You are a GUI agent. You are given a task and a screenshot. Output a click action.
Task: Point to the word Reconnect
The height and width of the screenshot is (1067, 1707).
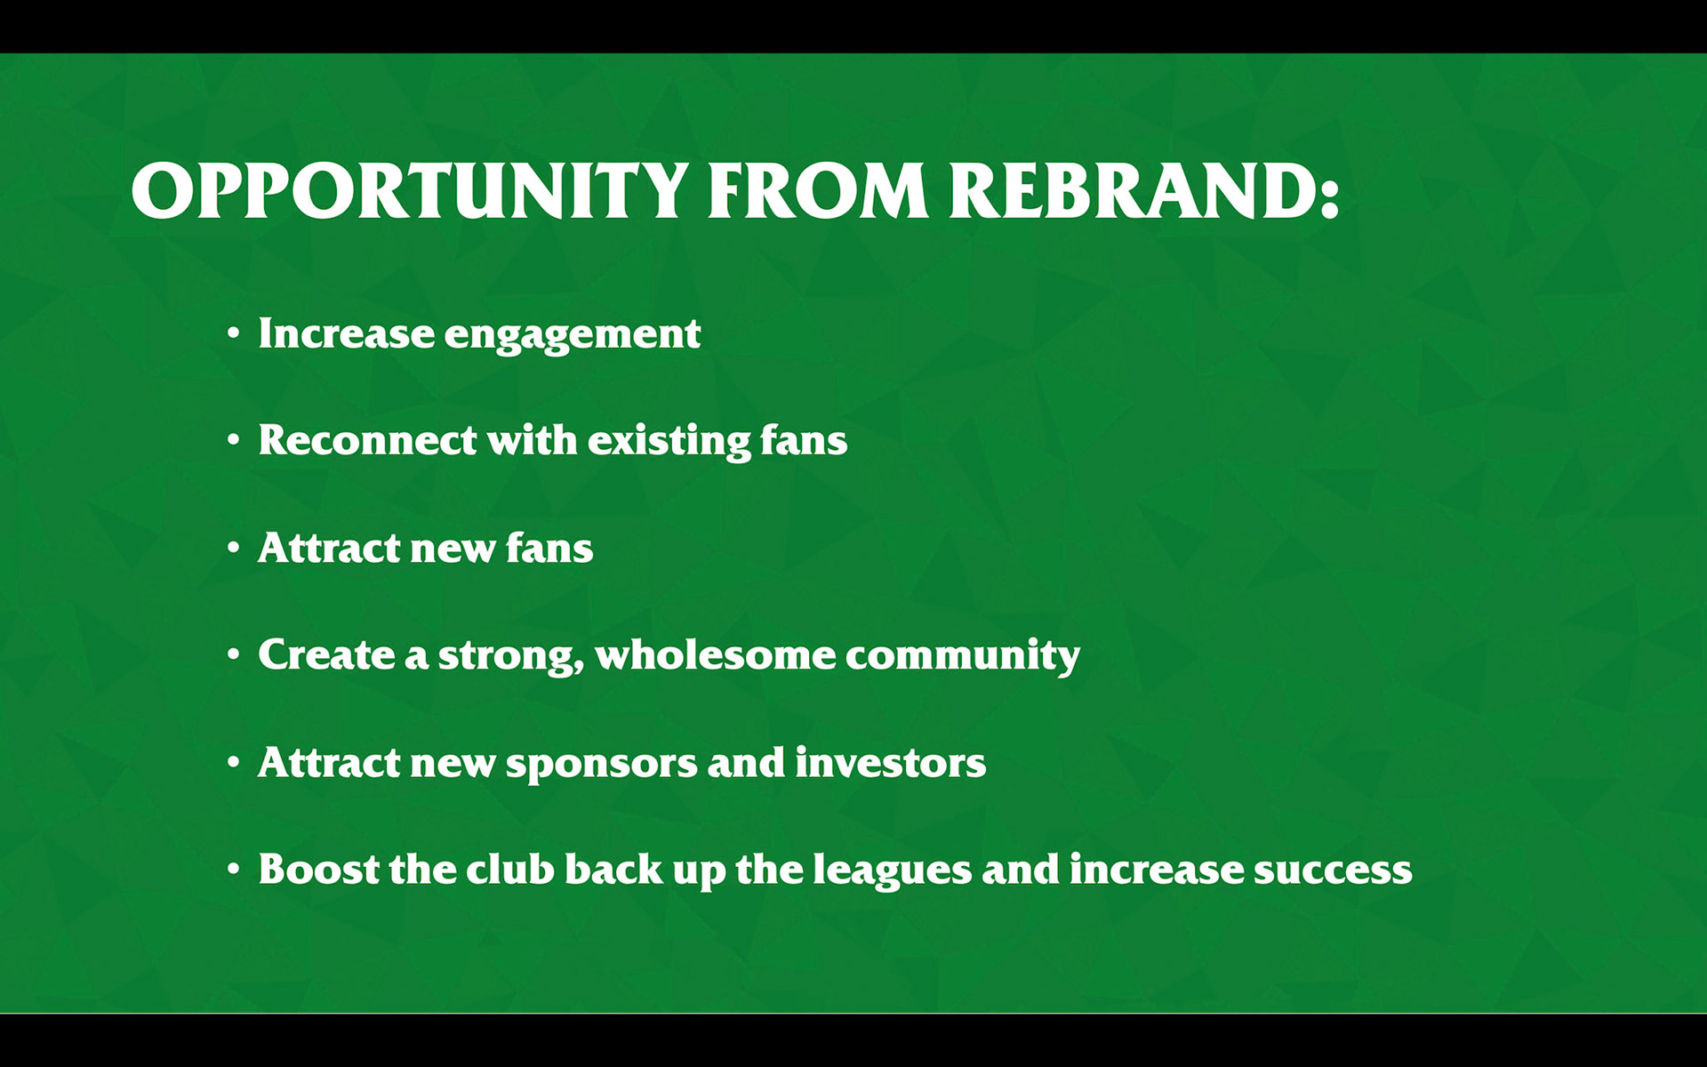click(x=367, y=439)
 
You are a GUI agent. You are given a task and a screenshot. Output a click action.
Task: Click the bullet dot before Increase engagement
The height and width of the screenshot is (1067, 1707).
click(x=233, y=334)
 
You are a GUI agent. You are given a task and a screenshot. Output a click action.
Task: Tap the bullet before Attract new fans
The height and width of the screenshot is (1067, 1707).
click(x=233, y=549)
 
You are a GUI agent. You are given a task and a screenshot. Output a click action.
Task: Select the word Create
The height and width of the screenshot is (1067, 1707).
click(x=326, y=654)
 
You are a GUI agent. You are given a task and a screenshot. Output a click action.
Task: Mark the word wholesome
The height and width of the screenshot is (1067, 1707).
click(x=716, y=654)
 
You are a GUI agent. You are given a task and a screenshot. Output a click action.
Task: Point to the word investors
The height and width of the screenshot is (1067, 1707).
click(x=890, y=762)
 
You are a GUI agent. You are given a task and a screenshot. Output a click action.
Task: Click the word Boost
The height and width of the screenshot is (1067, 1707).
click(x=319, y=869)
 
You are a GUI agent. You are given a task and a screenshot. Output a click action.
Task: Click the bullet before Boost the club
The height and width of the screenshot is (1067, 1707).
click(x=233, y=870)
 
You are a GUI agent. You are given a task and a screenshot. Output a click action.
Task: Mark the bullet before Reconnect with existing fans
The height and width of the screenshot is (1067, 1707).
click(x=233, y=440)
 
